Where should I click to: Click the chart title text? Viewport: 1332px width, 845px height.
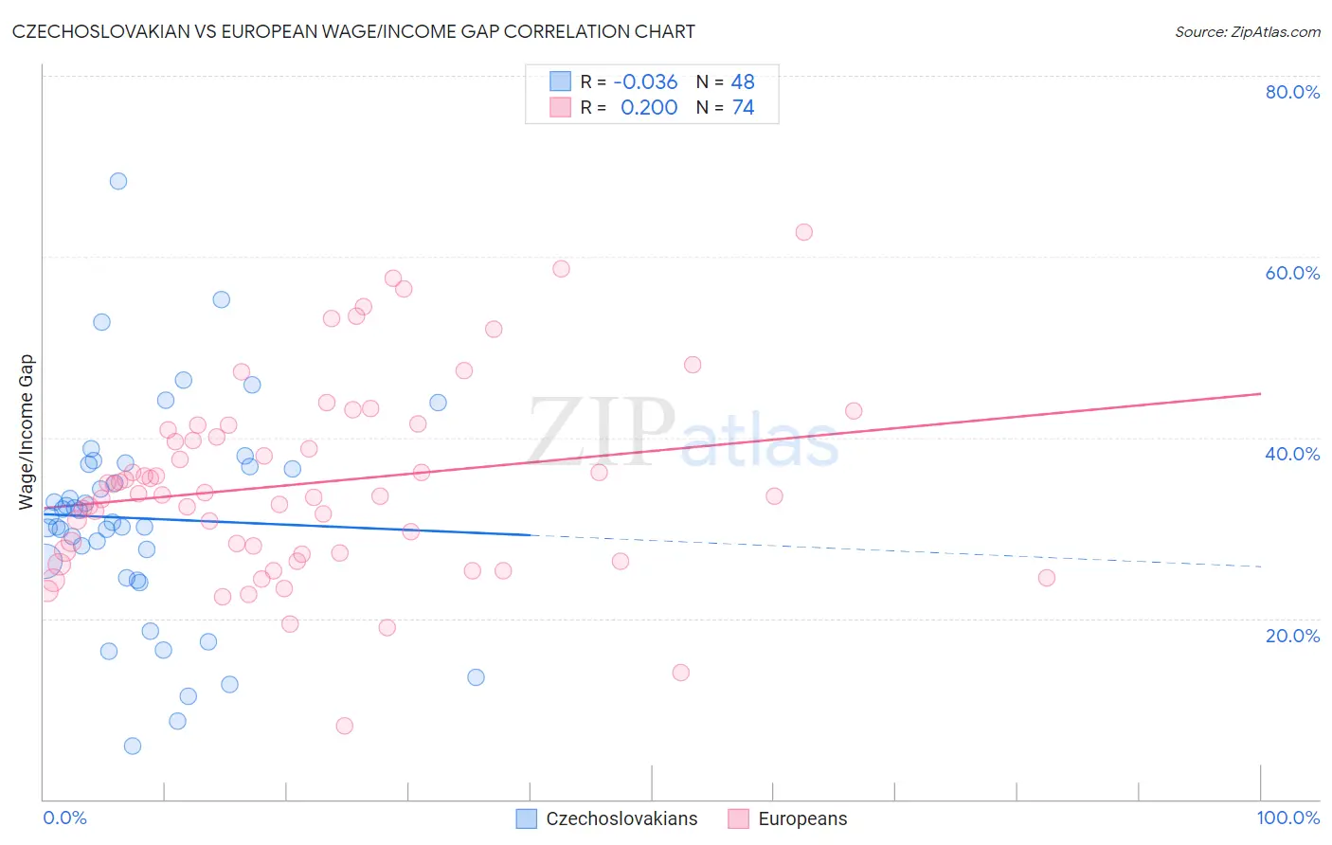353,31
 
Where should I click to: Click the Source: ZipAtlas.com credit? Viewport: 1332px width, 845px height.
1247,31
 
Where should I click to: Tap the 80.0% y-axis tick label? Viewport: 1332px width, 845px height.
1292,92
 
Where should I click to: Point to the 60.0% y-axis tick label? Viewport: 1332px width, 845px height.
1292,273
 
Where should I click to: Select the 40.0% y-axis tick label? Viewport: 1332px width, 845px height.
1292,454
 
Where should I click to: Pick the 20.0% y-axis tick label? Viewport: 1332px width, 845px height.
1292,636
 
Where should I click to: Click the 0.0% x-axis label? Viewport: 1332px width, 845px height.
64,818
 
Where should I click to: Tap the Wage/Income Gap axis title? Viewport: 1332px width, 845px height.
27,432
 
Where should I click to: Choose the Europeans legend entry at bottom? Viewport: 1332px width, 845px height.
802,818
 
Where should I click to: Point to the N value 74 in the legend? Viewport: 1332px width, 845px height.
743,107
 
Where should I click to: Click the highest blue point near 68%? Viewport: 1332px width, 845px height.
118,181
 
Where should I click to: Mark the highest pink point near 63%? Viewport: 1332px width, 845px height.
804,232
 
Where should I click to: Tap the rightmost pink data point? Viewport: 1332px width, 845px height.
1047,578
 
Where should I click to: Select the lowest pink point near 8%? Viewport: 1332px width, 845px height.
345,726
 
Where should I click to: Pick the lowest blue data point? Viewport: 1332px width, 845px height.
133,746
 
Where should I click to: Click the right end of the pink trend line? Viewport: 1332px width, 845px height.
1260,393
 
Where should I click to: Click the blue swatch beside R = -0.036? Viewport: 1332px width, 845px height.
560,81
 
